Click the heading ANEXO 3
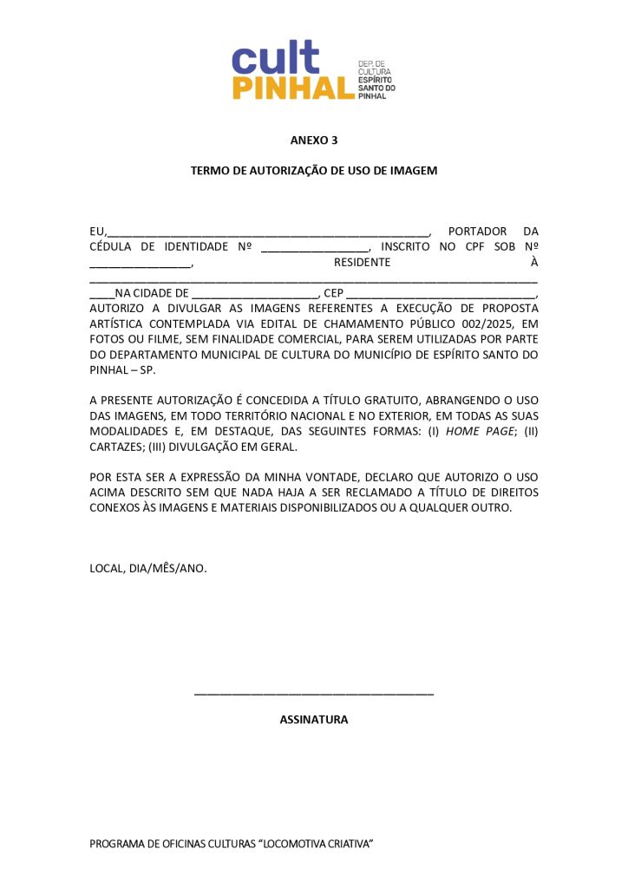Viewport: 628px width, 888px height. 313,140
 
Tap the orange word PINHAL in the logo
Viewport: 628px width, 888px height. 293,88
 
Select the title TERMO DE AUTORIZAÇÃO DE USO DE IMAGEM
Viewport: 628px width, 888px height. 313,171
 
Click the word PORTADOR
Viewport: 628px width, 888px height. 477,232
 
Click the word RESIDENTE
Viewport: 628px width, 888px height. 362,263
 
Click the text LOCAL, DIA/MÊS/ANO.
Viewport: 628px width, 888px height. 148,569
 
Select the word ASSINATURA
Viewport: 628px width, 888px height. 313,720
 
